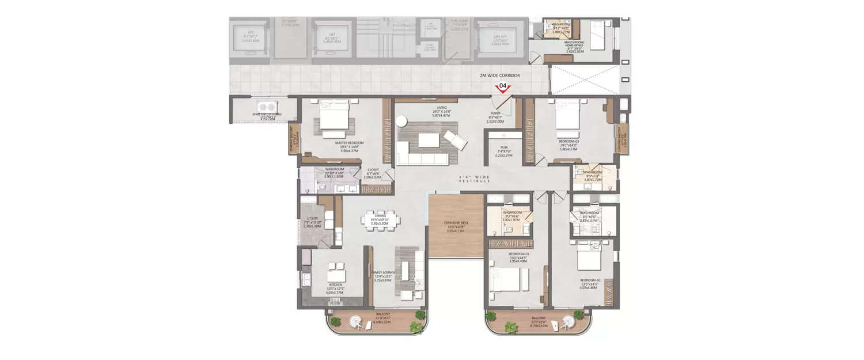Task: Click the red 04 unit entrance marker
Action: [x=503, y=88]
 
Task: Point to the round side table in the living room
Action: [x=401, y=120]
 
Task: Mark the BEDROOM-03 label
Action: [x=569, y=141]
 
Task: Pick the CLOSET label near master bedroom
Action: [x=373, y=170]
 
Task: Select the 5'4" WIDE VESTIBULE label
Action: [x=475, y=179]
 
